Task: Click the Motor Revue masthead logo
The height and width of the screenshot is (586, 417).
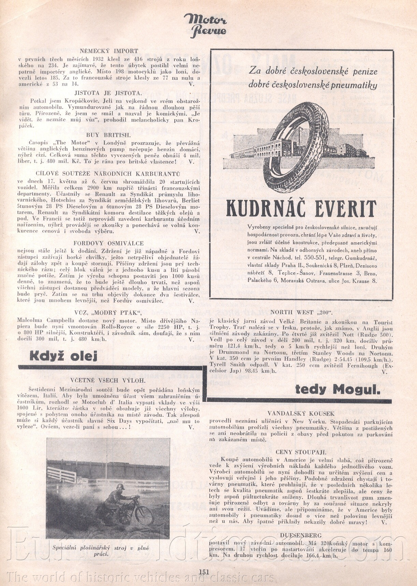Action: click(205, 25)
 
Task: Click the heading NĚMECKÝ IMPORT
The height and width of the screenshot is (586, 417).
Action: click(109, 51)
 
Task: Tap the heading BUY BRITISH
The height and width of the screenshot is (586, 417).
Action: click(108, 135)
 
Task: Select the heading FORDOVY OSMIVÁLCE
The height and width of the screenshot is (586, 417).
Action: click(109, 243)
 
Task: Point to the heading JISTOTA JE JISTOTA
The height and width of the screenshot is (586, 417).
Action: click(108, 93)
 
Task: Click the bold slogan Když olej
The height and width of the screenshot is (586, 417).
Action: click(63, 356)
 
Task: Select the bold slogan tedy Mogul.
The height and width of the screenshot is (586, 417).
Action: click(337, 389)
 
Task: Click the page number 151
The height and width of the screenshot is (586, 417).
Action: click(204, 572)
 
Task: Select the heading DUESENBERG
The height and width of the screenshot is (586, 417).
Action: click(301, 536)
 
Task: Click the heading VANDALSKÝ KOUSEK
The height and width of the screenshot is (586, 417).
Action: click(301, 414)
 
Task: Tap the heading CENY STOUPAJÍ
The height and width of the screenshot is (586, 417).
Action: click(301, 452)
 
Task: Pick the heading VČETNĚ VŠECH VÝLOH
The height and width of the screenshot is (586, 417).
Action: click(108, 380)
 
